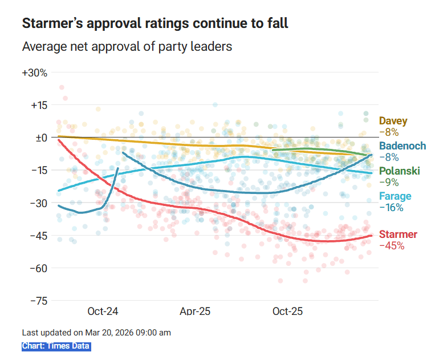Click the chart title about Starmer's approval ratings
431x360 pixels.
(x=154, y=23)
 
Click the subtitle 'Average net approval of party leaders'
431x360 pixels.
(x=127, y=46)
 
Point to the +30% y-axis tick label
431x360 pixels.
(x=34, y=73)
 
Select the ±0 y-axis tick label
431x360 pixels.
(x=40, y=137)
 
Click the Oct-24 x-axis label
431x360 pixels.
(x=103, y=312)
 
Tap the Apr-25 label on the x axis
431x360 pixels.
(x=195, y=312)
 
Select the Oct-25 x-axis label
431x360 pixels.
(x=287, y=312)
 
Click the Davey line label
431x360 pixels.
(x=393, y=121)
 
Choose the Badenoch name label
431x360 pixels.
(x=402, y=146)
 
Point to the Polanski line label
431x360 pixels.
(x=400, y=171)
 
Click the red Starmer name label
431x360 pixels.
(x=398, y=234)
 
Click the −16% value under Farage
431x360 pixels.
(x=391, y=208)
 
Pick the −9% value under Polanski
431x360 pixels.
(x=389, y=183)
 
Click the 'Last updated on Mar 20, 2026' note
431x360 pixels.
(x=96, y=333)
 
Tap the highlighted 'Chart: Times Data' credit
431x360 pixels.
(x=56, y=346)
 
